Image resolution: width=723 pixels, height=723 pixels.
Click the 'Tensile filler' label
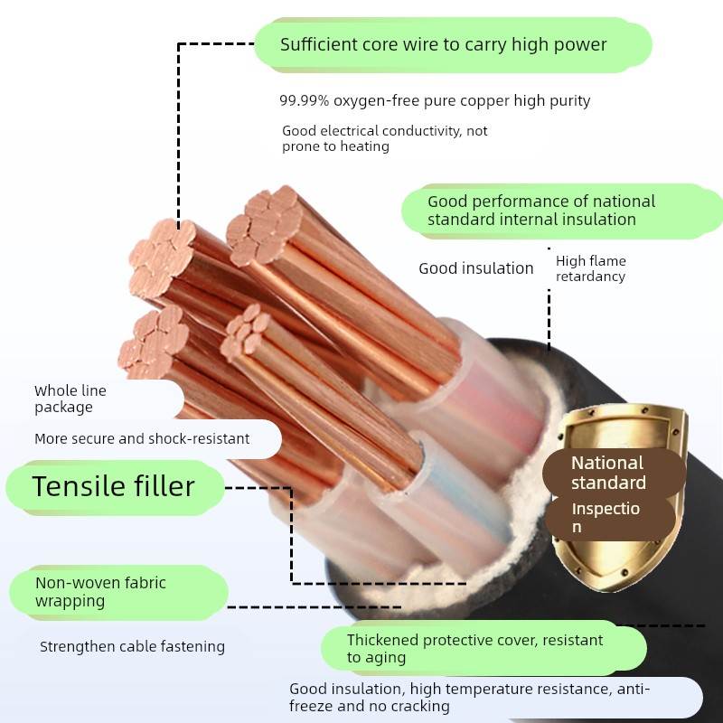113,486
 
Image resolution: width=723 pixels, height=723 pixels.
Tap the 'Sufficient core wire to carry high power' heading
443,44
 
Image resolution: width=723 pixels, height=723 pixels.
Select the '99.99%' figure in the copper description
302,100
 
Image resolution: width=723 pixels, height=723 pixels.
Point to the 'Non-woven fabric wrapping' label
100,592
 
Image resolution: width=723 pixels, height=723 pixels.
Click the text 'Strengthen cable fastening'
132,646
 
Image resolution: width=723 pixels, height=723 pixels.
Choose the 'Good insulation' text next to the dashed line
475,268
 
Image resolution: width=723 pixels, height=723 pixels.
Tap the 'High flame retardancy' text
590,268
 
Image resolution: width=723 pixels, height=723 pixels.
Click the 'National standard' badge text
608,473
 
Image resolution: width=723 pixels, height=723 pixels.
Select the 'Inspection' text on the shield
605,517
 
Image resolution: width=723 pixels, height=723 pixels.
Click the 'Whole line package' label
70,399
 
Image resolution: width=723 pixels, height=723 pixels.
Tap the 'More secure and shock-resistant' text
142,438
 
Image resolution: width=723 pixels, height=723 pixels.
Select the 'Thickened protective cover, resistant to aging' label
474,648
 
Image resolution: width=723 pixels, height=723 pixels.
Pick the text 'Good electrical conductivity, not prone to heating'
384,138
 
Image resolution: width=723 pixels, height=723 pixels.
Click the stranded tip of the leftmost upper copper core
161,256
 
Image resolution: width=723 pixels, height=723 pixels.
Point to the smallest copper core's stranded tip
247,332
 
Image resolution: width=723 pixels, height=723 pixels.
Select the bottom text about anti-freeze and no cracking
469,697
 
